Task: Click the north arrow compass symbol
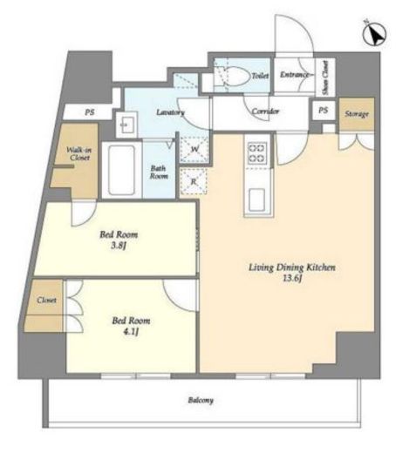click(374, 33)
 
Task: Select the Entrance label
click(294, 75)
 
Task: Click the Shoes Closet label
click(325, 78)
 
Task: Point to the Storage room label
click(357, 114)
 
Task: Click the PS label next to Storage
click(323, 111)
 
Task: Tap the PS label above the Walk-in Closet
click(90, 112)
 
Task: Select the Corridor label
click(265, 111)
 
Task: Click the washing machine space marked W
click(194, 149)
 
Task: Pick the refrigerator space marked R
click(194, 181)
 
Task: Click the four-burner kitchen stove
click(257, 152)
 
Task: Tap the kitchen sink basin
click(257, 199)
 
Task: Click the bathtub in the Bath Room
click(121, 170)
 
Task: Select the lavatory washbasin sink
click(126, 125)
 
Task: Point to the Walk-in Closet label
click(78, 154)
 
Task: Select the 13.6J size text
click(292, 279)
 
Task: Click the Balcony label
click(201, 401)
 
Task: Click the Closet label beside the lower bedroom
click(46, 300)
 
